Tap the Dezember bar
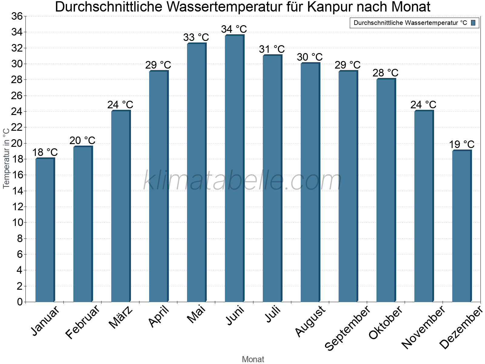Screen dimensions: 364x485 pos(462,226)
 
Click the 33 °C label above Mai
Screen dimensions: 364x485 pos(196,37)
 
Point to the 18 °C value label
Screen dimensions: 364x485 pos(45,152)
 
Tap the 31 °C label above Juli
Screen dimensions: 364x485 pos(272,49)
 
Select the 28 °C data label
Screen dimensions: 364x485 pos(386,73)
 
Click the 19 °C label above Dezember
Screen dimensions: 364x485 pos(462,144)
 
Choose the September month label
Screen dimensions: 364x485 pos(347,328)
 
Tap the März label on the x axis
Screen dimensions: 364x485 pos(121,317)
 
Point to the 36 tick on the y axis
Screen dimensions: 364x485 pos(17,16)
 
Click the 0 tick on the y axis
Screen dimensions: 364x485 pos(20,302)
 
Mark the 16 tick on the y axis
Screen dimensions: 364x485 pos(17,175)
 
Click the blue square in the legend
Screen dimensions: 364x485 pos(473,23)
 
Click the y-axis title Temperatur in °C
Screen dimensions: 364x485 pos(6,158)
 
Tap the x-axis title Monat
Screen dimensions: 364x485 pos(253,359)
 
